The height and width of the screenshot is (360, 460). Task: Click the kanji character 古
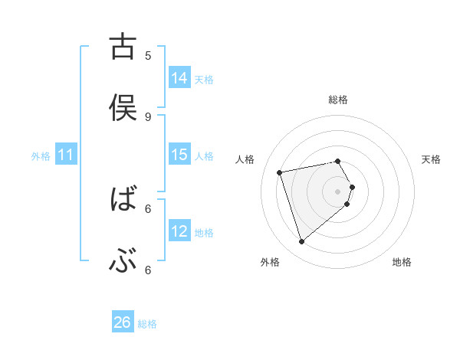[x=122, y=47]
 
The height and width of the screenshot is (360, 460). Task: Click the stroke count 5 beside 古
[x=148, y=55]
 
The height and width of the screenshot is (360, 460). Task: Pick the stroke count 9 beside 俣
[x=148, y=116]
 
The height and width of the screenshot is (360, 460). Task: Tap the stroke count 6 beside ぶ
[x=148, y=270]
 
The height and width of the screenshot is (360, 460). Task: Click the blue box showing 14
[x=179, y=78]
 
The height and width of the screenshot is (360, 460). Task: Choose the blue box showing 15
[x=179, y=155]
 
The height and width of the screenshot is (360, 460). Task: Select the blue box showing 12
[x=179, y=231]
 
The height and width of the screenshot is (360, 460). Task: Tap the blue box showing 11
[x=66, y=155]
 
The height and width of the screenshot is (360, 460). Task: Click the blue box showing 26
[x=123, y=323]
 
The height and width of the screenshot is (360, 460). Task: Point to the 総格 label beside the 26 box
[x=148, y=324]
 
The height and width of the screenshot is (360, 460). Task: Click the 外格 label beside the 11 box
[x=41, y=156]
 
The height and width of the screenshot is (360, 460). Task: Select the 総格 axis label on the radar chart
[x=338, y=100]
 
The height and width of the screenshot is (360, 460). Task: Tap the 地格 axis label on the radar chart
[x=402, y=263]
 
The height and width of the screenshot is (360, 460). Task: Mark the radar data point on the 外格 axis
[x=301, y=242]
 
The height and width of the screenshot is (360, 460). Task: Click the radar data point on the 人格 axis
[x=280, y=172]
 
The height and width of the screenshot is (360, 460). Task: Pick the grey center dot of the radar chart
[x=338, y=191]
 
